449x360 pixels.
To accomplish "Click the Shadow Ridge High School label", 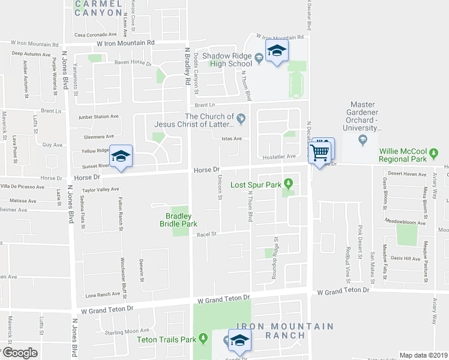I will [x=227, y=59].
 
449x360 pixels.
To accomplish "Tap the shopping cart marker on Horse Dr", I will [x=321, y=153].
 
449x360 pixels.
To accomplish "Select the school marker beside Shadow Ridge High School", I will [x=277, y=52].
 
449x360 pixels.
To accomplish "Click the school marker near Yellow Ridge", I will [x=121, y=157].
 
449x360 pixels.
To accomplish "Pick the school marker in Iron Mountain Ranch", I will [x=240, y=341].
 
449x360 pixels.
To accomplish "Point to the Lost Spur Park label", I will [x=256, y=184].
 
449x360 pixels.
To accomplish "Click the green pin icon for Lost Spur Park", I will [x=289, y=183].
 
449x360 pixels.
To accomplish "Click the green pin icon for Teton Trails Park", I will [x=204, y=340].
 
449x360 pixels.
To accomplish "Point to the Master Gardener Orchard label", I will [x=363, y=120].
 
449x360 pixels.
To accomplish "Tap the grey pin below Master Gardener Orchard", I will [x=363, y=141].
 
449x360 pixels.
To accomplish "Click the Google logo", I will [x=20, y=352].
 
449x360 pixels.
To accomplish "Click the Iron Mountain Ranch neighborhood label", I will [x=285, y=331].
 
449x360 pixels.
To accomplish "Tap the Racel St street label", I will [x=205, y=235].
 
